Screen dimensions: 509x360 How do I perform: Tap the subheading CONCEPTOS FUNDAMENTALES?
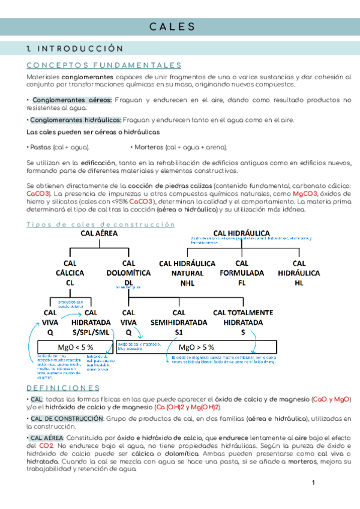coord(104,65)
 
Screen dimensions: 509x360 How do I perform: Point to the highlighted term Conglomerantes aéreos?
coord(72,100)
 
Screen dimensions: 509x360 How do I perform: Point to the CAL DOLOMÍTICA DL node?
coord(128,273)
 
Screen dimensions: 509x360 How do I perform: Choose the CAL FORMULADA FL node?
coord(242,273)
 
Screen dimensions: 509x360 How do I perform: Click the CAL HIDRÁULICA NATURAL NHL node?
coord(187,273)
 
